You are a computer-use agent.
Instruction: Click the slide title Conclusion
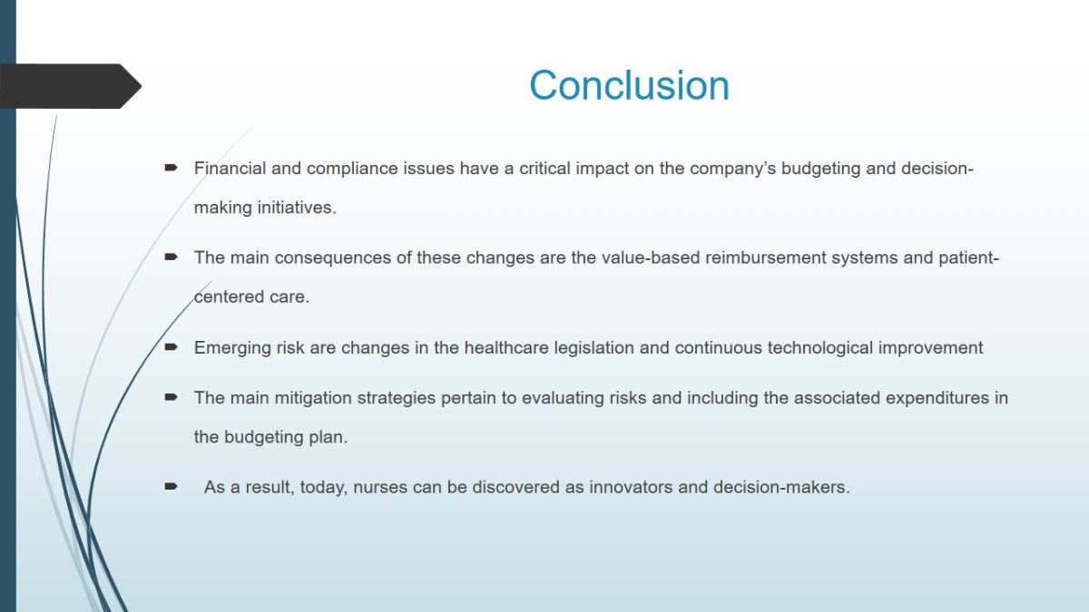(x=629, y=85)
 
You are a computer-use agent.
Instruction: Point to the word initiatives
(x=297, y=208)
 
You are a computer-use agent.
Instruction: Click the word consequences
(x=332, y=257)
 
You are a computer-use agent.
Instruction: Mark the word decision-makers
(x=781, y=487)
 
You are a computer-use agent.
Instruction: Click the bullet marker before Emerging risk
(x=172, y=346)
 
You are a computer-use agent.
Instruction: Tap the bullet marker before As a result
(x=172, y=486)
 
